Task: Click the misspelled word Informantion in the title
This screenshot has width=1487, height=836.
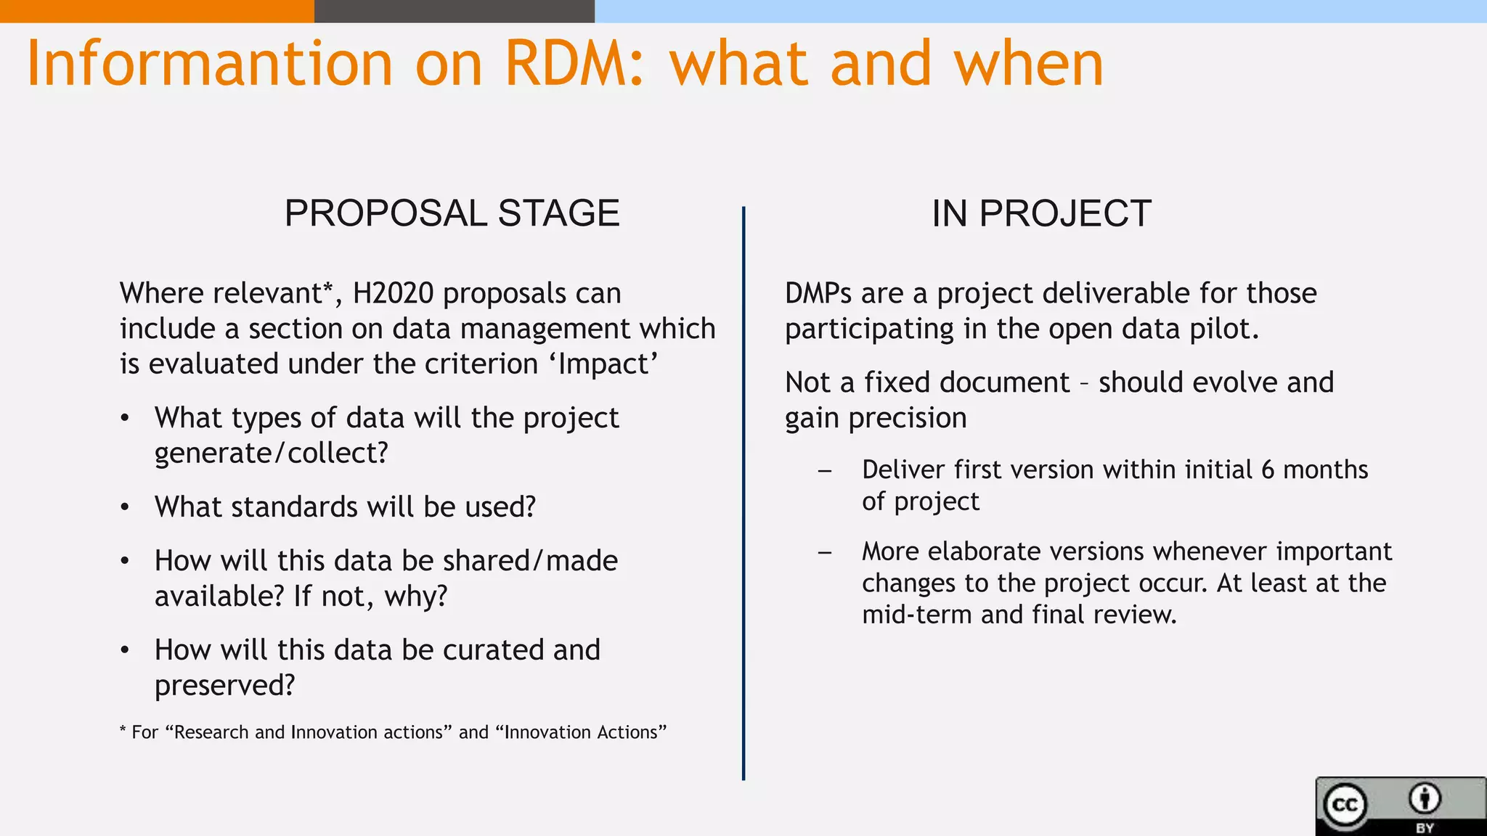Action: [x=209, y=64]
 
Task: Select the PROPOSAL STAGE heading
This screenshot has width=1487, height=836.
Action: [x=452, y=213]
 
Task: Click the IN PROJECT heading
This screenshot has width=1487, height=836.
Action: [x=1041, y=213]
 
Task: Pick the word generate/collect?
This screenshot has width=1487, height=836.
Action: [x=272, y=454]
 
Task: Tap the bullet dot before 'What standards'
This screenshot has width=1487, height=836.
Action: [x=125, y=507]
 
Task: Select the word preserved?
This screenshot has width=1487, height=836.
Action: [x=225, y=686]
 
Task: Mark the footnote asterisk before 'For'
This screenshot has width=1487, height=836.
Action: [x=123, y=730]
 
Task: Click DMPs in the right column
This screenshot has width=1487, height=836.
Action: [x=818, y=293]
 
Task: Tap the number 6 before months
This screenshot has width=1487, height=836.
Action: [x=1268, y=470]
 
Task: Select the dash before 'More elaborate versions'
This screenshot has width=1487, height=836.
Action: [x=824, y=552]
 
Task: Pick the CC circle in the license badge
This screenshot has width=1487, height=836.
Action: [x=1345, y=805]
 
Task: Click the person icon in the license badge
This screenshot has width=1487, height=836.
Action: [x=1425, y=798]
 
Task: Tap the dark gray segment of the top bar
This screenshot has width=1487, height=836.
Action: [x=454, y=11]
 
